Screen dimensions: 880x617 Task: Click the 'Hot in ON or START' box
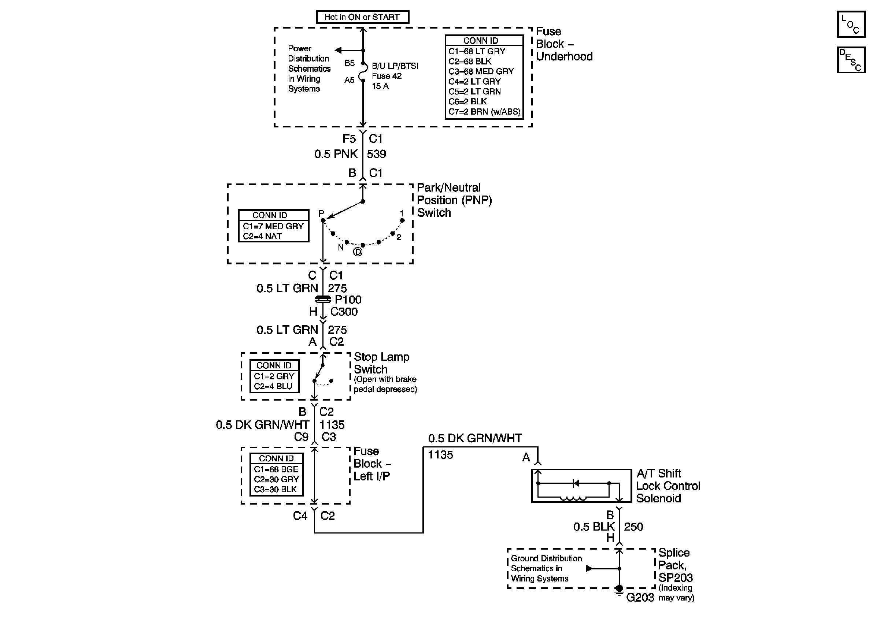tap(363, 17)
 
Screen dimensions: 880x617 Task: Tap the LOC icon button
tap(851, 24)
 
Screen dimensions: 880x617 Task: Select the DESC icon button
tap(851, 60)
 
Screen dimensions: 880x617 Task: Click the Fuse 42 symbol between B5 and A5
tap(362, 72)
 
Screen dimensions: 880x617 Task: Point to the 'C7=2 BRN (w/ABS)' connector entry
tap(484, 112)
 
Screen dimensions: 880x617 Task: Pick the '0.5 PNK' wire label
tap(336, 154)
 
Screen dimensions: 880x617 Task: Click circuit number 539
tap(376, 154)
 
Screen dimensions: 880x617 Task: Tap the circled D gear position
tap(357, 252)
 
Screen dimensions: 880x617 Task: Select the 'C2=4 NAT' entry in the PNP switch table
tap(262, 236)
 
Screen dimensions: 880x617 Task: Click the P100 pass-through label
tap(348, 300)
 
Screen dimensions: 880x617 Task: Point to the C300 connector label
tap(344, 312)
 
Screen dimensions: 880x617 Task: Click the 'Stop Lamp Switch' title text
tap(381, 363)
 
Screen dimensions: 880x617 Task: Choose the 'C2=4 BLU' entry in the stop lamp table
tap(273, 386)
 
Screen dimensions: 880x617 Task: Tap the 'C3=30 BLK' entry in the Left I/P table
tap(275, 490)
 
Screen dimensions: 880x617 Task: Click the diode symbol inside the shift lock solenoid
tap(575, 483)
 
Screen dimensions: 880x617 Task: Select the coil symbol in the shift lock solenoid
tap(573, 498)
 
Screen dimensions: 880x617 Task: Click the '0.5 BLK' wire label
tap(594, 527)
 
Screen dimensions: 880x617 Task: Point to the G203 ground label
tap(640, 598)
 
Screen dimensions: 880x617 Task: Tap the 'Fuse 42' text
tap(387, 76)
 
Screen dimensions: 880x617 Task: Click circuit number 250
tap(633, 527)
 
